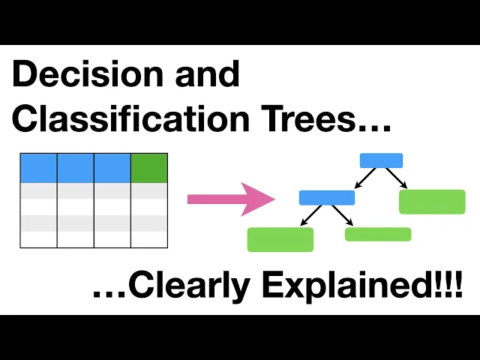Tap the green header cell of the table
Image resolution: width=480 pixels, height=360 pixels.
tap(149, 168)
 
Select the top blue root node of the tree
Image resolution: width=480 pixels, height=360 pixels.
tap(381, 160)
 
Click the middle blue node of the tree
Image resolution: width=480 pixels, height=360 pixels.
tap(326, 198)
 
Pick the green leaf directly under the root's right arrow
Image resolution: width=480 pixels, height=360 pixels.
tap(432, 202)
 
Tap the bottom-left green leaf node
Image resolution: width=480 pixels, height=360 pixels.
tap(280, 239)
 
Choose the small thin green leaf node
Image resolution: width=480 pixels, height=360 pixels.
tap(378, 234)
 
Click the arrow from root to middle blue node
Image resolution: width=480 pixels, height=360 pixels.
tap(366, 178)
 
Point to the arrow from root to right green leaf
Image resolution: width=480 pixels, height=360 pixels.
tap(397, 178)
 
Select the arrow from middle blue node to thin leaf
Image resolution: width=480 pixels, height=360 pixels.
tap(342, 215)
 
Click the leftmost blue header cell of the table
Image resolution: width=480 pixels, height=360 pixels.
tap(39, 168)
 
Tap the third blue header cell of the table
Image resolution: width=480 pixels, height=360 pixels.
tap(112, 168)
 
